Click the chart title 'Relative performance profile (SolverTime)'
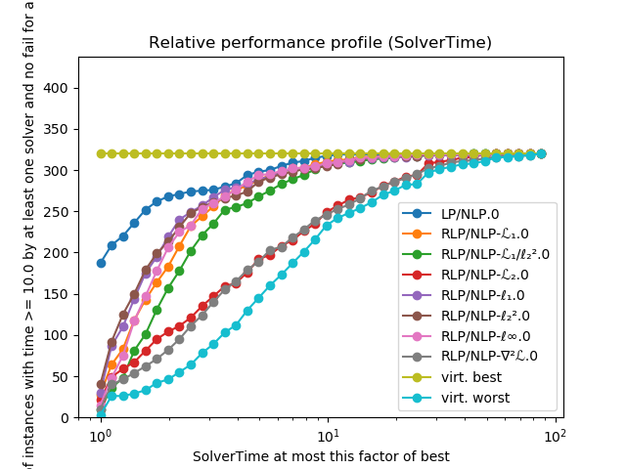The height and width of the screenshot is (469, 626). pyautogui.click(x=320, y=43)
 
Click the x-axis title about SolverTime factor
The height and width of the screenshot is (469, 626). pyautogui.click(x=321, y=456)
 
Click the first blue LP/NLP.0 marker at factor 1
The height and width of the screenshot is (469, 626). pyautogui.click(x=101, y=263)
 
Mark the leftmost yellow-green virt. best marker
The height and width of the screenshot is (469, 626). pyautogui.click(x=101, y=153)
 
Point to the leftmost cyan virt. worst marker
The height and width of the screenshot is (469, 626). pyautogui.click(x=101, y=413)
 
